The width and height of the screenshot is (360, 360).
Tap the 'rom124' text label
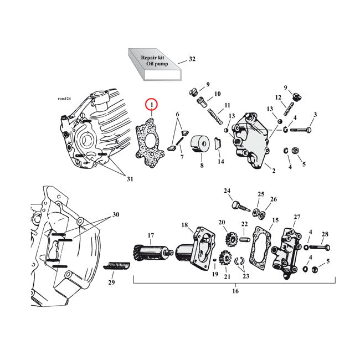point(65,99)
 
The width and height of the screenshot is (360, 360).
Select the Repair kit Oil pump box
point(155,61)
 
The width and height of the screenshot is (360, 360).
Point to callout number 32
point(192,59)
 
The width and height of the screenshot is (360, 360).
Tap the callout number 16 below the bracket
point(235,290)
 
